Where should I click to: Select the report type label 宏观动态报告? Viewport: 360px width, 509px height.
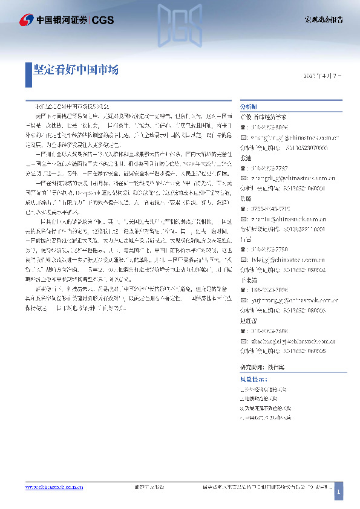coord(323,20)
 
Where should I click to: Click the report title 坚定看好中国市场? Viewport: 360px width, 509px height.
coord(76,70)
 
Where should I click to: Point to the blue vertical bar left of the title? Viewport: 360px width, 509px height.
coord(28,70)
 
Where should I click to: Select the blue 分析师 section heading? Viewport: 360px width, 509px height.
coord(249,105)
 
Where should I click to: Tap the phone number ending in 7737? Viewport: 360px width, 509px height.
coord(270,168)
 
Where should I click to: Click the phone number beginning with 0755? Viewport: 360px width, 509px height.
coord(271,209)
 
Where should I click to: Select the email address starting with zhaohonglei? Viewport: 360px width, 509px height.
coord(292,342)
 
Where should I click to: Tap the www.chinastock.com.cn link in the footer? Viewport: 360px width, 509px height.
coord(54,487)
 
